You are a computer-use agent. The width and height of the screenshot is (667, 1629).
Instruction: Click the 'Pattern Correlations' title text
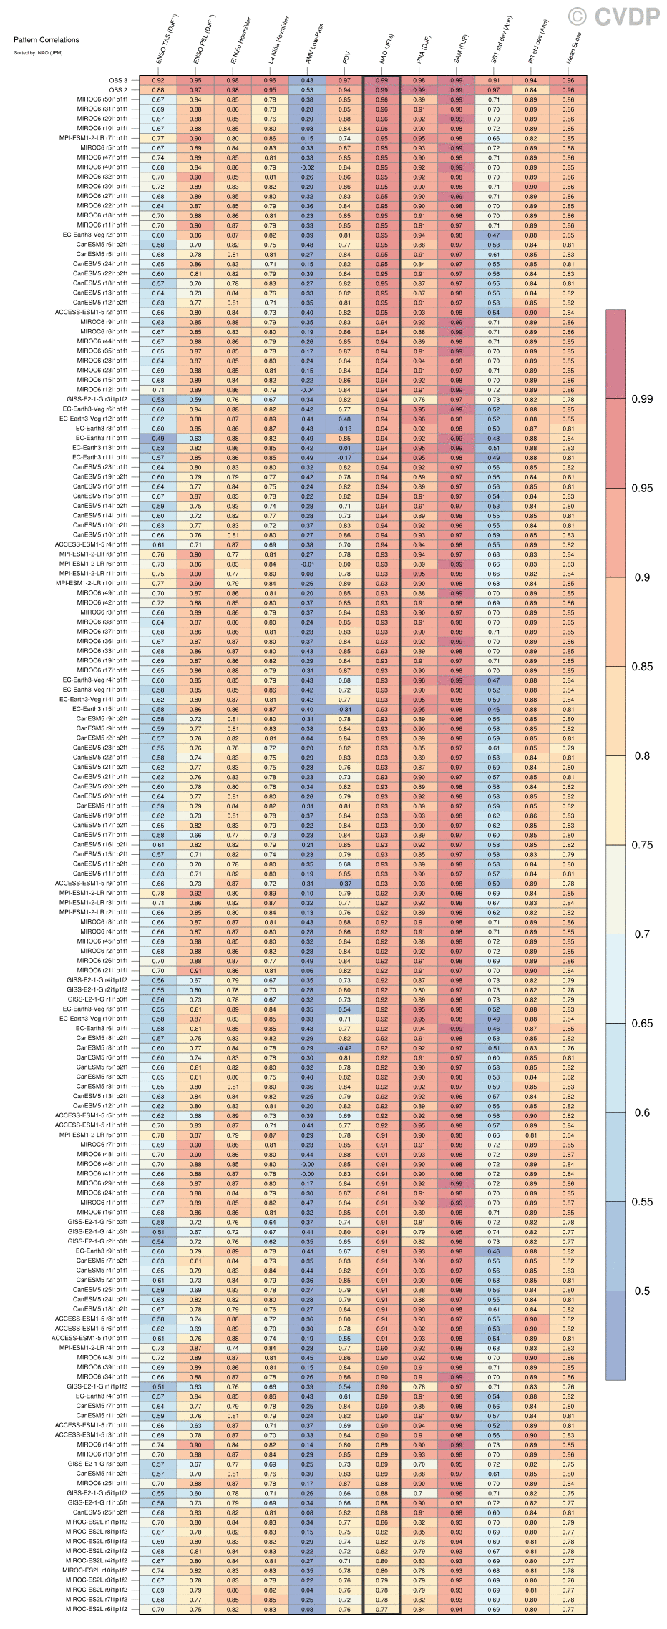pyautogui.click(x=47, y=40)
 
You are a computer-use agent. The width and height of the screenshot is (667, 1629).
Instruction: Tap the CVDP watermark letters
pyautogui.click(x=624, y=16)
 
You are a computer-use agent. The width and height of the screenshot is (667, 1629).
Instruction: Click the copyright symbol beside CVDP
pyautogui.click(x=578, y=16)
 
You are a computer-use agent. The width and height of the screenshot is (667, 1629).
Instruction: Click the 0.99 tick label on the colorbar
pyautogui.click(x=642, y=399)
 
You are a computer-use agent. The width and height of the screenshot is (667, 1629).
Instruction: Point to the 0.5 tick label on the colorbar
pyautogui.click(x=642, y=1291)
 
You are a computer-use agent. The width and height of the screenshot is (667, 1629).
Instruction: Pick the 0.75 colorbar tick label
pyautogui.click(x=642, y=845)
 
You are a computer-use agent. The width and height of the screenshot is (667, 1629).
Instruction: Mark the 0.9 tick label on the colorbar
pyautogui.click(x=642, y=577)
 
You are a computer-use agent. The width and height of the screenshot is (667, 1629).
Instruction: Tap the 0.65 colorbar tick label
pyautogui.click(x=642, y=1023)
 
